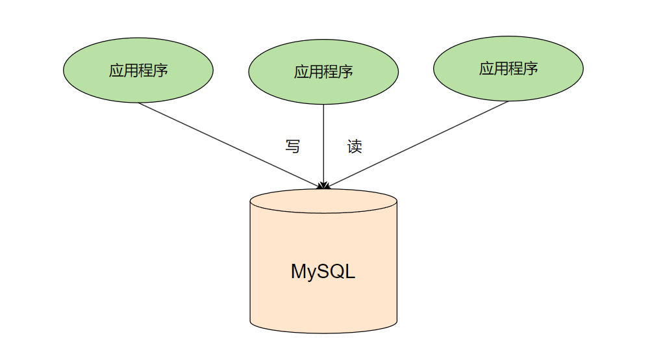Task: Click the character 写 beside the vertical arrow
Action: (x=293, y=146)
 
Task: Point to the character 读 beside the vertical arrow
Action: (x=355, y=146)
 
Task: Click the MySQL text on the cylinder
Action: (x=323, y=271)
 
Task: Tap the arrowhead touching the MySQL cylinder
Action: (x=323, y=186)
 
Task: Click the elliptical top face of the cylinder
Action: (x=323, y=200)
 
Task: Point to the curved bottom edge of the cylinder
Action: (x=323, y=332)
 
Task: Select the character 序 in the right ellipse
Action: (x=531, y=68)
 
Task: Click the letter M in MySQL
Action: (x=299, y=271)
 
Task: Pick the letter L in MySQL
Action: (x=350, y=271)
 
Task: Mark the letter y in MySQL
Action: (x=313, y=273)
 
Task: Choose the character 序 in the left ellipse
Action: (x=160, y=70)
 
